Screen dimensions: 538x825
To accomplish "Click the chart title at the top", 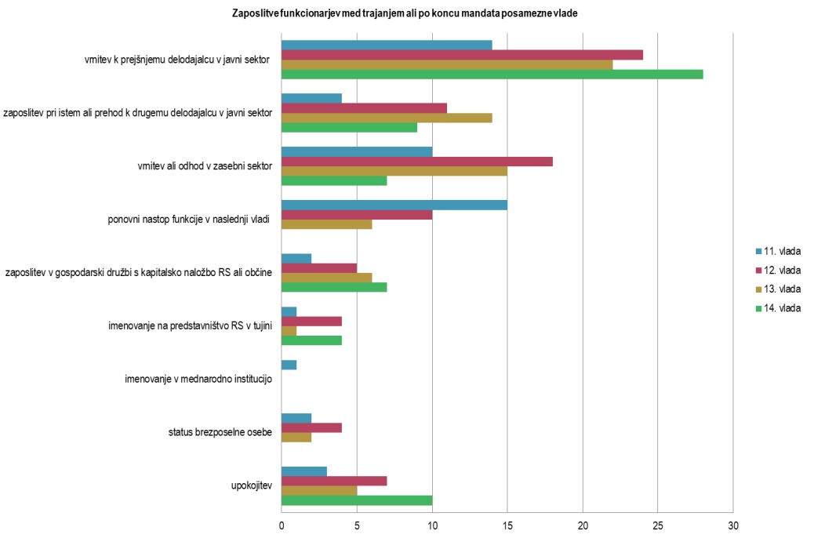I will click(405, 13).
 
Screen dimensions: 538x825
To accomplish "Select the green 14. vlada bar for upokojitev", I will click(357, 500).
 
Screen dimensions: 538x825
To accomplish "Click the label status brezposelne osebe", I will click(220, 432).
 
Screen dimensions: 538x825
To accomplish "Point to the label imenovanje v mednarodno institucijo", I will click(198, 380).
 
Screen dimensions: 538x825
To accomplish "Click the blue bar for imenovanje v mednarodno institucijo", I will click(289, 365).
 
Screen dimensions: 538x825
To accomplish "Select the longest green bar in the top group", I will click(492, 75).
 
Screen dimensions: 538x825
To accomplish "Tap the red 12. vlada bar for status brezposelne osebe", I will click(311, 428).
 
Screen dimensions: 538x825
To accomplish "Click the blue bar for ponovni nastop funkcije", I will click(394, 205).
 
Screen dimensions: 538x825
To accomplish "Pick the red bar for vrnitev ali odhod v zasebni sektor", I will click(416, 162).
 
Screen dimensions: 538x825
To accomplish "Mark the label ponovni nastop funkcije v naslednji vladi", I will click(189, 220).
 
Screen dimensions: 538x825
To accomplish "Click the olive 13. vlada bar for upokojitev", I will click(319, 491).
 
